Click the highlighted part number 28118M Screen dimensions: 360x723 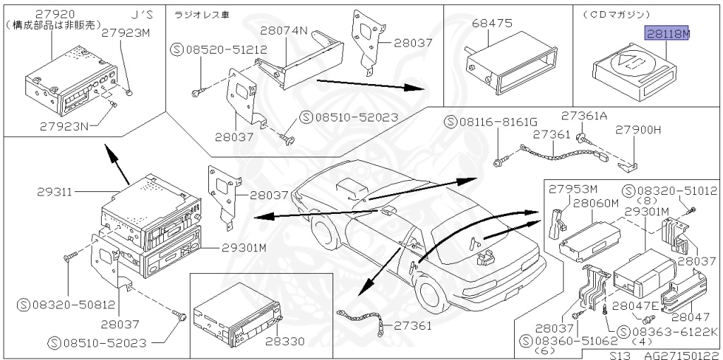coord(667,33)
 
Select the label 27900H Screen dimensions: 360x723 coord(638,130)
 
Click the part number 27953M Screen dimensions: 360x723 coord(573,189)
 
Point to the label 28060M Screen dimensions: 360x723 coord(595,203)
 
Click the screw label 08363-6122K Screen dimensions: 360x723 coord(674,331)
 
